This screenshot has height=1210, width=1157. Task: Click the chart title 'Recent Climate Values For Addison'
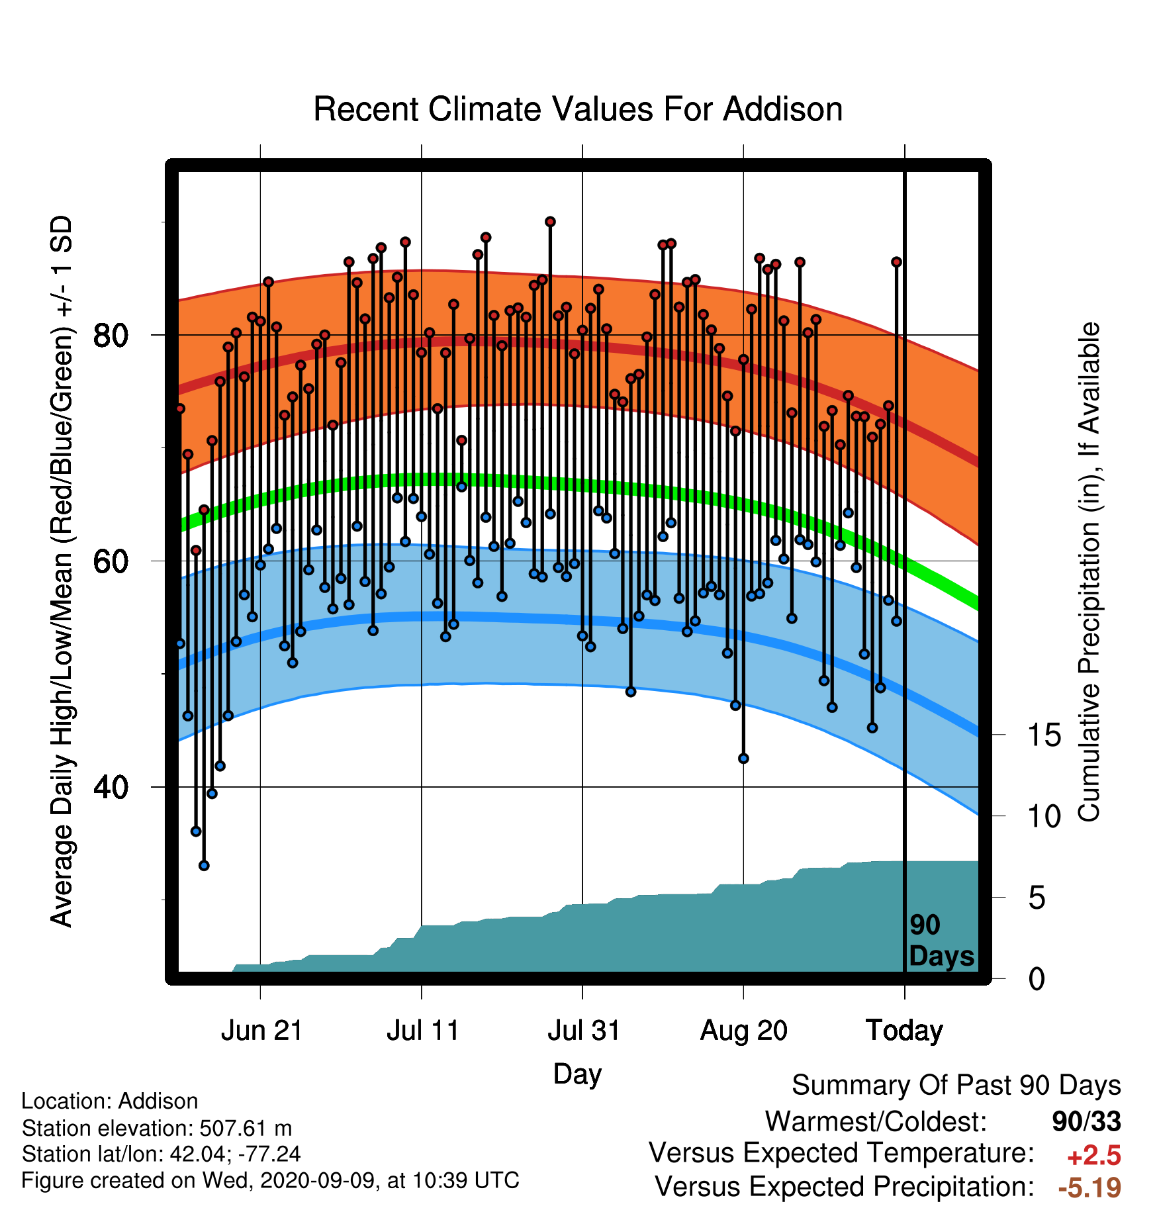tap(578, 109)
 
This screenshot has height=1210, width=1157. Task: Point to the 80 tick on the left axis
tap(111, 336)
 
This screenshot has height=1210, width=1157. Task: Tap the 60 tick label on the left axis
tap(111, 561)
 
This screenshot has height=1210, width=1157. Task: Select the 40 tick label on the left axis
tap(111, 788)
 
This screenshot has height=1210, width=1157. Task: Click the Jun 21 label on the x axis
tap(261, 1031)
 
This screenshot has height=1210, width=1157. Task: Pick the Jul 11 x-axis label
tap(422, 1031)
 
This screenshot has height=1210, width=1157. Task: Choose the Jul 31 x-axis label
tap(583, 1031)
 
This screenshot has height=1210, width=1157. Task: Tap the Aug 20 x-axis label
tap(744, 1031)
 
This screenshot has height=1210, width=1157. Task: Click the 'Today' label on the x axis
tap(905, 1031)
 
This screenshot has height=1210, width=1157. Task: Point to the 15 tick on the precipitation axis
tap(1044, 735)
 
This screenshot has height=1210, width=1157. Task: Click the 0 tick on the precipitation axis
tap(1037, 978)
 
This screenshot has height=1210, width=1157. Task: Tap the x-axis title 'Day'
tap(577, 1074)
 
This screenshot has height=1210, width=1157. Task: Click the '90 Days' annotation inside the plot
tap(941, 941)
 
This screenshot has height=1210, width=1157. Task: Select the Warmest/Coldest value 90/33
tap(1086, 1121)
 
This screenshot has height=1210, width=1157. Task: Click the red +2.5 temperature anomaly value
tap(1093, 1156)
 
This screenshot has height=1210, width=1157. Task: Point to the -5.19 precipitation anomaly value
tap(1089, 1187)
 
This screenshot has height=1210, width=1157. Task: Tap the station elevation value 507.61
tap(236, 1128)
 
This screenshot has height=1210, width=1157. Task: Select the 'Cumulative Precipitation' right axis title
tap(1089, 573)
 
